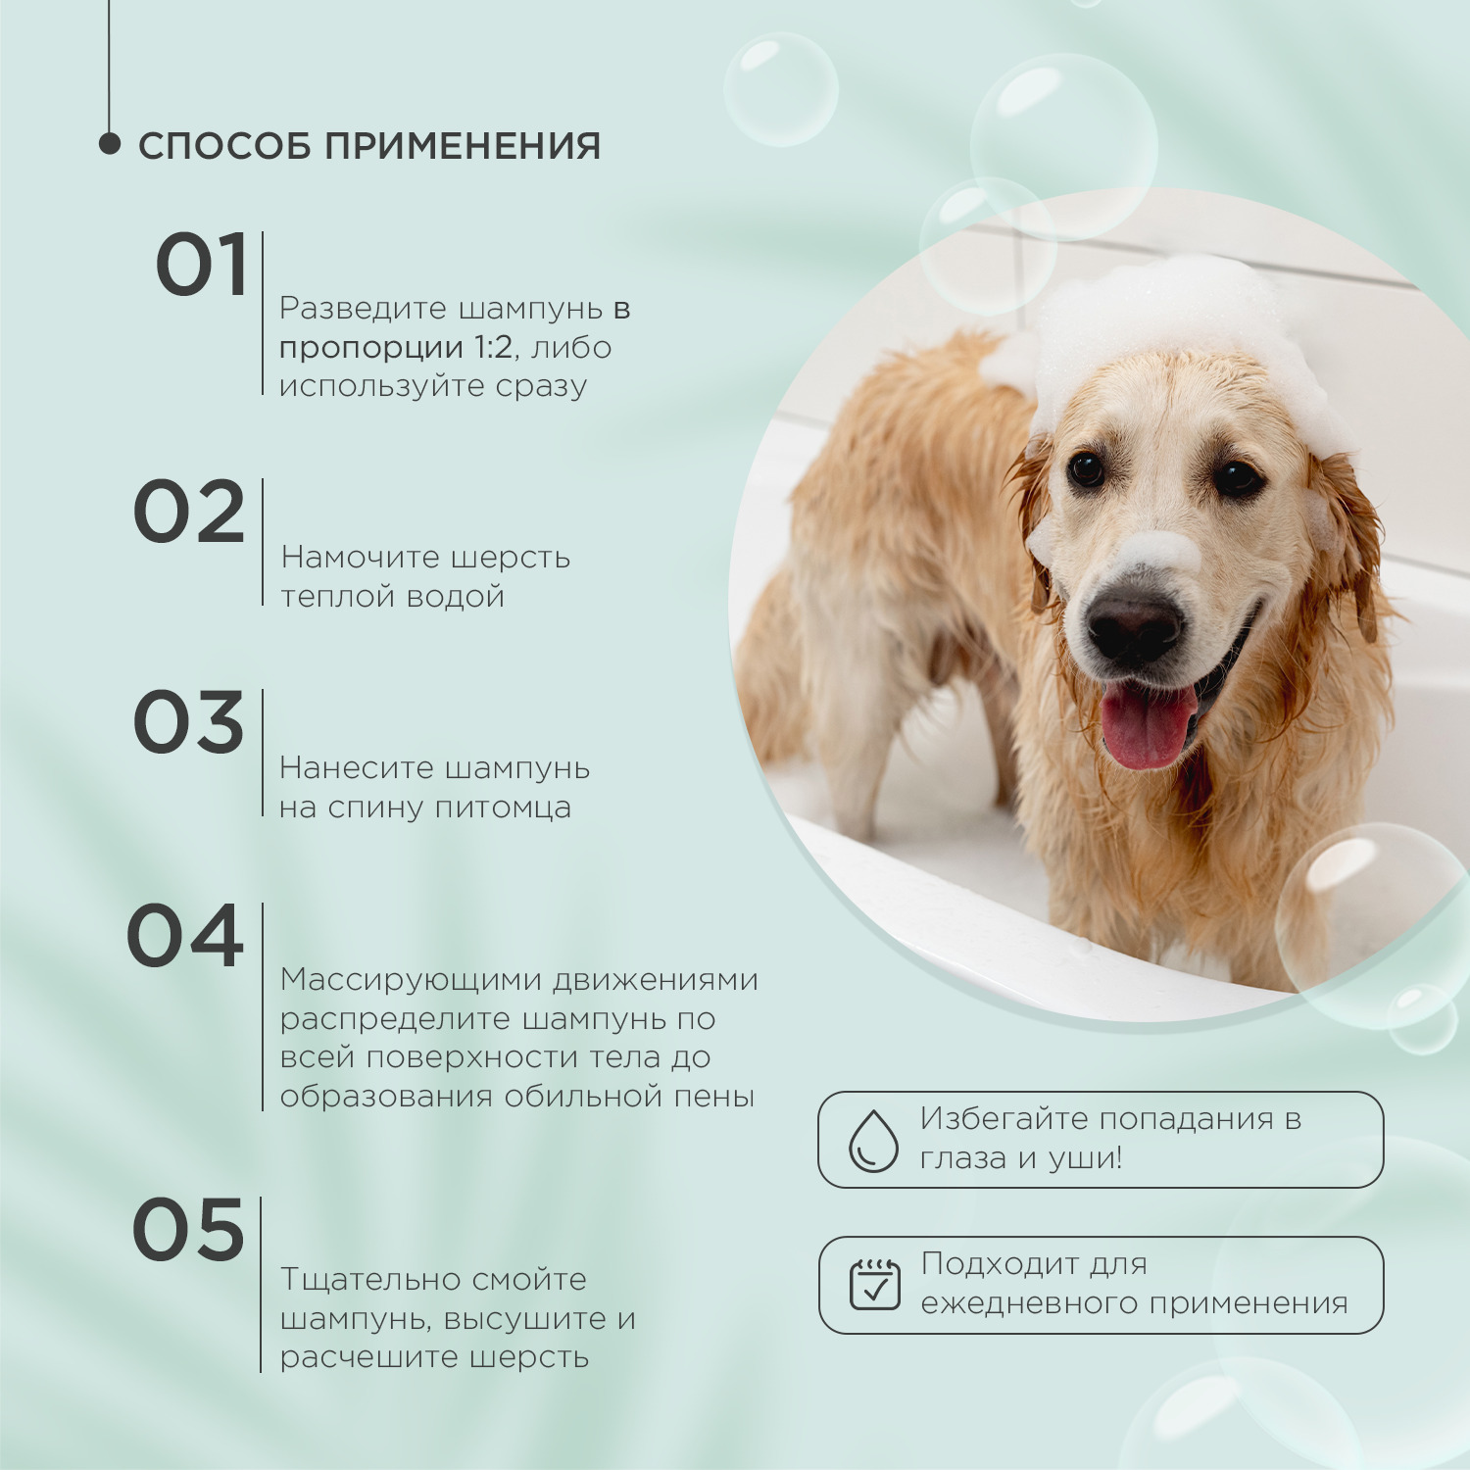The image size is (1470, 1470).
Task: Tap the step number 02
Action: (x=188, y=513)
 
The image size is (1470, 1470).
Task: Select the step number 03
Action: (x=188, y=722)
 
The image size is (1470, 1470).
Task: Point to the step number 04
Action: (x=185, y=936)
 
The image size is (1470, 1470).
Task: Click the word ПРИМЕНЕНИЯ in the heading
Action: (x=463, y=146)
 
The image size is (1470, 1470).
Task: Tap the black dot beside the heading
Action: (x=109, y=144)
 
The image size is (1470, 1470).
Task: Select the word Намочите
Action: (x=360, y=558)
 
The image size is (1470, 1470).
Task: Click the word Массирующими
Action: (x=411, y=980)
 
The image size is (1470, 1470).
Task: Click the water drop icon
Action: (x=872, y=1140)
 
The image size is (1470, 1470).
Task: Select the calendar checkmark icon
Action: (x=874, y=1285)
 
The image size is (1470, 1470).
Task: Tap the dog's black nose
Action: (x=1134, y=625)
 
